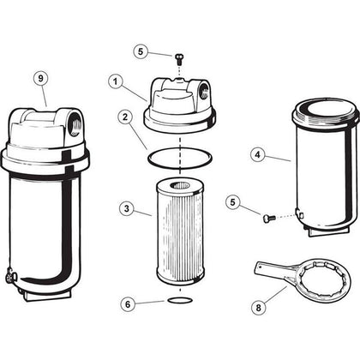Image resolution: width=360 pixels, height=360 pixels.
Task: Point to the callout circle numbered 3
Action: coord(125,208)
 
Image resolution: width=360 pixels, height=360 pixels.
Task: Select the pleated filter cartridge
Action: coord(178,231)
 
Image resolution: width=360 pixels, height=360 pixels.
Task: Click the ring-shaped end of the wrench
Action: coord(307,272)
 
